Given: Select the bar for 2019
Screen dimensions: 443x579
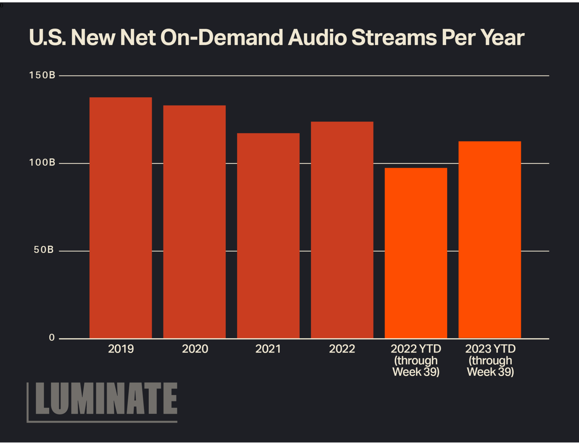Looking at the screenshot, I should [x=121, y=218].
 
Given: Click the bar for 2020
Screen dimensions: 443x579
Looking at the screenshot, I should [x=195, y=222].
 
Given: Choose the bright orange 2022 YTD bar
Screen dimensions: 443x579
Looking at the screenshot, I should [x=416, y=253].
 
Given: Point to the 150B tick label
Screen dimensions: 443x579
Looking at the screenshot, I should [x=42, y=75].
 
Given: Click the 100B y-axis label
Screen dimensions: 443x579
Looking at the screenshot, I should [x=42, y=163].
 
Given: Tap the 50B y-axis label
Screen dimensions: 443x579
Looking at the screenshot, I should [x=44, y=250].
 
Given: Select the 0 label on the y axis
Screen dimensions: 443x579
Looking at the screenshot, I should [x=52, y=338].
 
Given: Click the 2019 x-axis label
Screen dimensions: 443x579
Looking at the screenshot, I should [x=121, y=349].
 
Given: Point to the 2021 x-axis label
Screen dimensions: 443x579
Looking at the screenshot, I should [x=268, y=349].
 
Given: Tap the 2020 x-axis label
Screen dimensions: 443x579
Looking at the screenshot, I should [x=195, y=349].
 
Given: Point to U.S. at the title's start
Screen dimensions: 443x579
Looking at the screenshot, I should [x=47, y=38].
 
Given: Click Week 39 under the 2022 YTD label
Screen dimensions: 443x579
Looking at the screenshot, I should [x=416, y=372].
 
